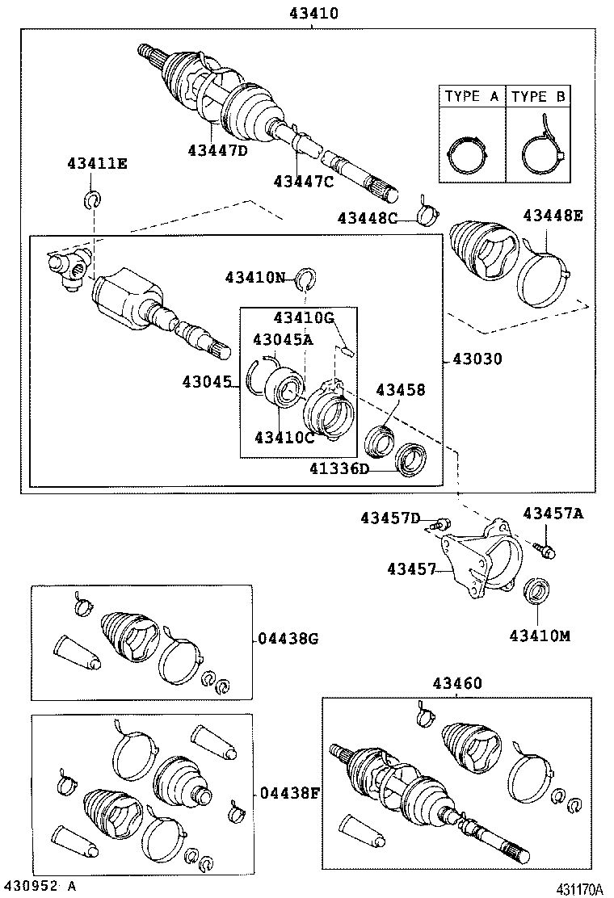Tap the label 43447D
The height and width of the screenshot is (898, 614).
pos(218,150)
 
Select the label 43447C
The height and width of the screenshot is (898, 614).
pos(303,182)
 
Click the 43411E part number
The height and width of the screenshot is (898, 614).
pos(96,164)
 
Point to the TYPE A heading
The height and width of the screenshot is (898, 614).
pos(472,97)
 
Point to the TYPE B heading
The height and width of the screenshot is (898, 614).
pos(539,97)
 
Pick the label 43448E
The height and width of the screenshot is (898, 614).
pos(553,216)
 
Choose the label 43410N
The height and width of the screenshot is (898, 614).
pos(255,278)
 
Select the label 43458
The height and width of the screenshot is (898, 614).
pos(400,390)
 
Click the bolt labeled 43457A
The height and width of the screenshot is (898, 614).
pos(545,550)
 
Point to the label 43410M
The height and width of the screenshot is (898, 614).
pos(539,636)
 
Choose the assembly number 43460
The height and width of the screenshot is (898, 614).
pos(456,683)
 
